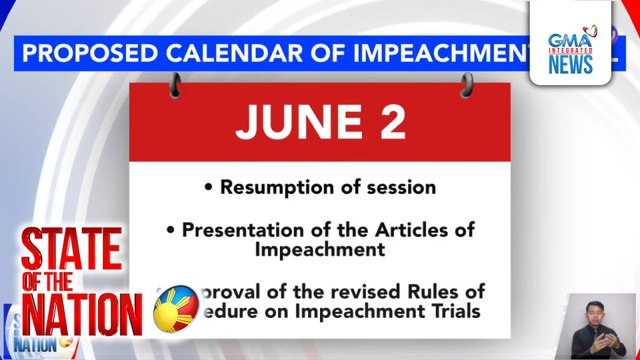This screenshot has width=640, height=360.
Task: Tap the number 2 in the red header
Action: [x=391, y=123]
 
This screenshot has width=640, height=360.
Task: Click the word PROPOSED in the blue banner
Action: [x=86, y=53]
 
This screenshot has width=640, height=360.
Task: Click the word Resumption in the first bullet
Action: [x=277, y=187]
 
